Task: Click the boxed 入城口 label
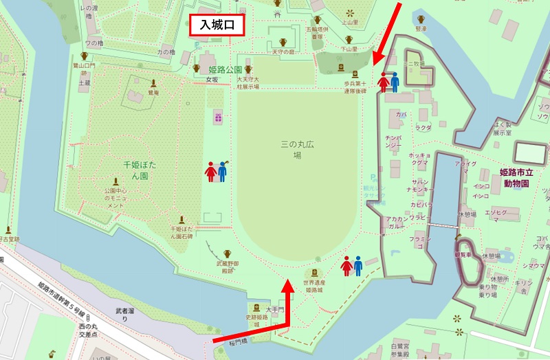tap(218, 25)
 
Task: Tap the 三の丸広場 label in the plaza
tap(297, 150)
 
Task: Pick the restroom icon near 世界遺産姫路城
tap(352, 265)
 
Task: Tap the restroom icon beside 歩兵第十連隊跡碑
tap(389, 82)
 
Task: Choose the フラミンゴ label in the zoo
tap(420, 241)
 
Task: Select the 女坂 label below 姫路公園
tap(211, 79)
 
